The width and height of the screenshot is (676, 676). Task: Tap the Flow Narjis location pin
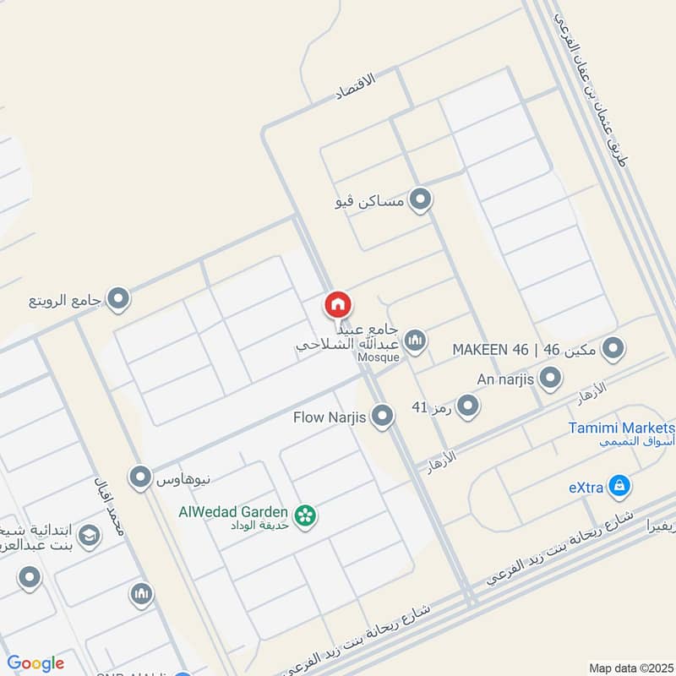click(383, 416)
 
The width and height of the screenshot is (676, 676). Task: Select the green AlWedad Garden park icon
click(305, 514)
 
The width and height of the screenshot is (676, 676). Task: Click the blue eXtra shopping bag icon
click(620, 486)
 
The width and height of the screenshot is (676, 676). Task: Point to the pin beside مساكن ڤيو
click(420, 201)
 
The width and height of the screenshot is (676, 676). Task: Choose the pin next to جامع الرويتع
click(119, 298)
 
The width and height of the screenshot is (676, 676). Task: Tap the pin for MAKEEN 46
click(613, 348)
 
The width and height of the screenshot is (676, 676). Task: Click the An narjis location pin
click(550, 379)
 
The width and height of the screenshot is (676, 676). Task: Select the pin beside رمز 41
click(467, 406)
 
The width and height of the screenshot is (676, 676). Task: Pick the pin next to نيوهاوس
click(140, 478)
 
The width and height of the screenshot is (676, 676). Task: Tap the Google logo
click(35, 663)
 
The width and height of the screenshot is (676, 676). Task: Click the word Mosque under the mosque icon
click(378, 357)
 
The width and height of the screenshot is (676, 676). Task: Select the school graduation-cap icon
click(89, 535)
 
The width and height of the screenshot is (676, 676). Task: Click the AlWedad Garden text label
click(233, 511)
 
